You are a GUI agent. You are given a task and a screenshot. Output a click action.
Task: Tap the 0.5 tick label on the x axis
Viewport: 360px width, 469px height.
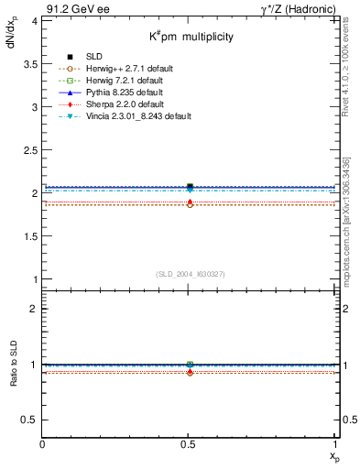(190, 445)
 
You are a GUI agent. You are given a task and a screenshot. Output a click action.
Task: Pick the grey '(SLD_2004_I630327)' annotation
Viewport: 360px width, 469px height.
(190, 274)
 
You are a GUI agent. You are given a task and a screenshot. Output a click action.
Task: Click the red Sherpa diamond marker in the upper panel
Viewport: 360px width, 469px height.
(190, 202)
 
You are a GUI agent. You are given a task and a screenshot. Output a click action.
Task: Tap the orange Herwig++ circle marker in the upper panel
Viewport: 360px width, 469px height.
(190, 205)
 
